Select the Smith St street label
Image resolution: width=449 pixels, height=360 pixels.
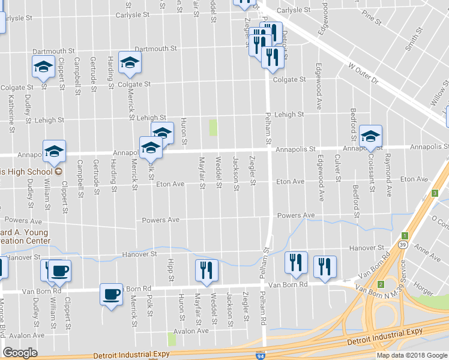pyautogui.click(x=411, y=40)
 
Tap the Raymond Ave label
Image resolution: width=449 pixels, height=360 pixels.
pyautogui.click(x=388, y=182)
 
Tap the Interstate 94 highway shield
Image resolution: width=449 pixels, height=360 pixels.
pyautogui.click(x=260, y=355)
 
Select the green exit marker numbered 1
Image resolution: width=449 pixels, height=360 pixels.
pyautogui.click(x=405, y=235)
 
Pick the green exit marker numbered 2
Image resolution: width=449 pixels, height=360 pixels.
pyautogui.click(x=381, y=283)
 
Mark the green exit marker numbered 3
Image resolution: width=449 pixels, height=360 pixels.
pyautogui.click(x=434, y=193)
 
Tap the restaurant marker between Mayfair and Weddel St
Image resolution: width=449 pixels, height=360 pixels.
pyautogui.click(x=203, y=270)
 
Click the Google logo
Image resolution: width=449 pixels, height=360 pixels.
pyautogui.click(x=20, y=353)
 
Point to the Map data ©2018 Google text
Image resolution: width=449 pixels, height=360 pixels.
pyautogui.click(x=412, y=355)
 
